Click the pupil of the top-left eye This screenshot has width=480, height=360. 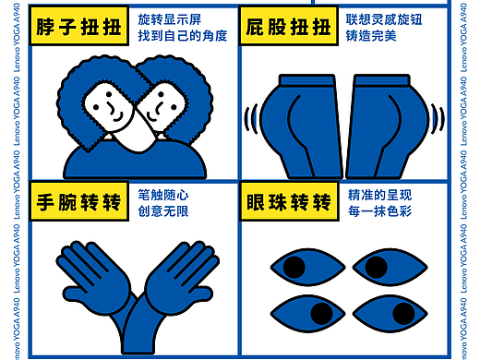pyautogui.click(x=294, y=268)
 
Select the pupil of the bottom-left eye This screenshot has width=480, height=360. pyautogui.click(x=317, y=309)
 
